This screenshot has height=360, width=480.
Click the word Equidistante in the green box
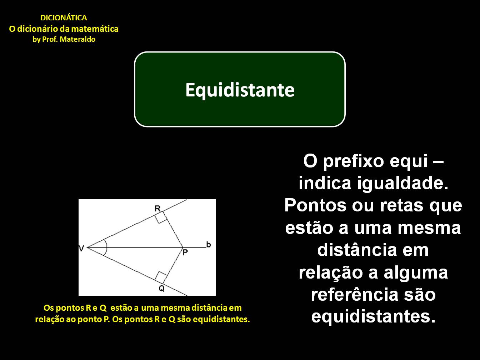[240, 90]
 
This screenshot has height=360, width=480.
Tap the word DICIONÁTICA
[64, 18]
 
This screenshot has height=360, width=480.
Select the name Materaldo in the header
[77, 40]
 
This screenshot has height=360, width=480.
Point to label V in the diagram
[81, 248]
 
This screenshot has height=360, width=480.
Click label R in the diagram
[157, 209]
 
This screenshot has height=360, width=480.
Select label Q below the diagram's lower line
[162, 288]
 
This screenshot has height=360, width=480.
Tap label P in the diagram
[185, 252]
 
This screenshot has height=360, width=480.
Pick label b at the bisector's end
[209, 245]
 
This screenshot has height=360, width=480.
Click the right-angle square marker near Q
[161, 277]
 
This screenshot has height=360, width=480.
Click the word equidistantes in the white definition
[373, 316]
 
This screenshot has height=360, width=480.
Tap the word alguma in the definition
[416, 272]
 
